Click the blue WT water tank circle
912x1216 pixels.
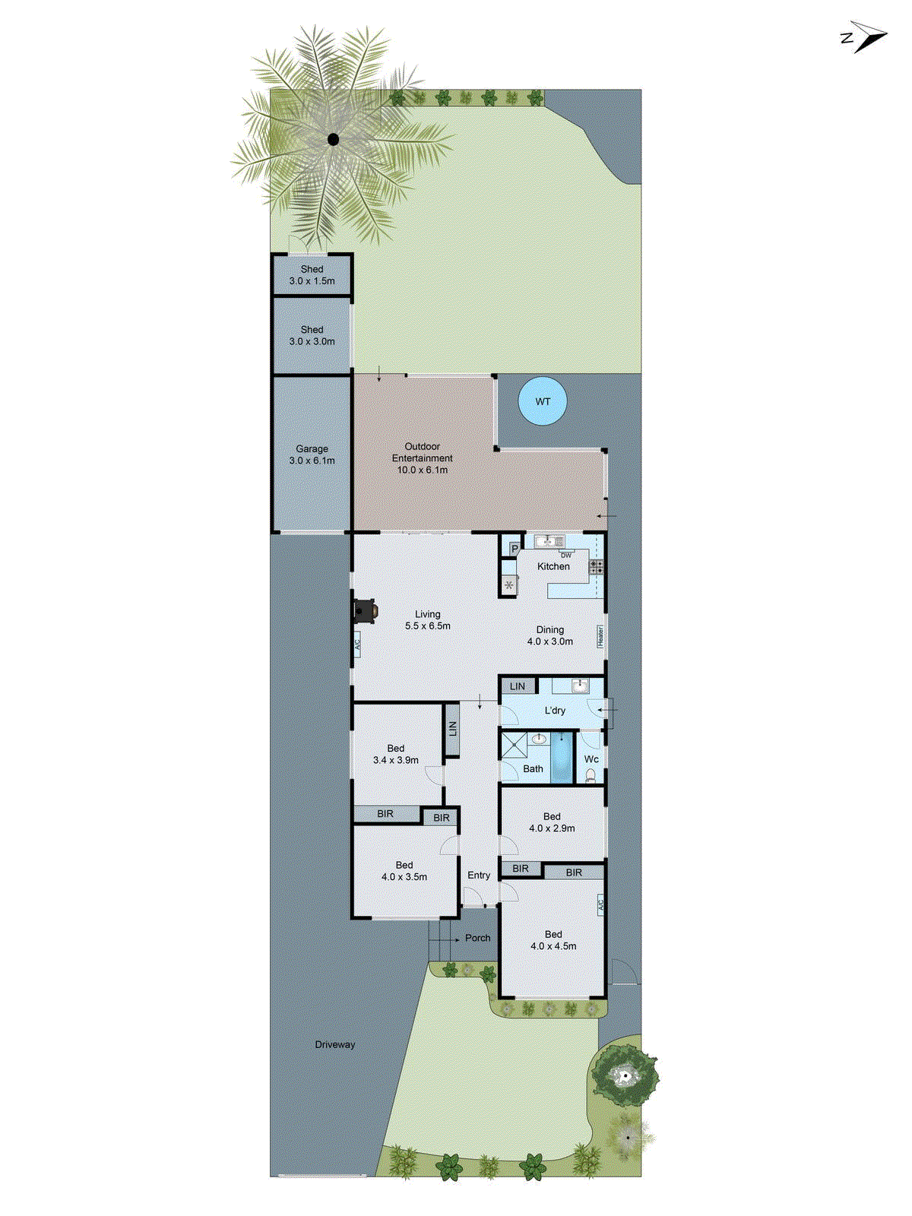pos(543,401)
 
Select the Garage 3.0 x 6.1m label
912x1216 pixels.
pos(312,454)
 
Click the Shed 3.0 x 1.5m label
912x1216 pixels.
pos(312,275)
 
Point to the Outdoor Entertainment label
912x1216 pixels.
pos(423,458)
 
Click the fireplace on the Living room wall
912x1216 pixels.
pos(366,611)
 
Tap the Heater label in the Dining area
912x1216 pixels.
pos(600,636)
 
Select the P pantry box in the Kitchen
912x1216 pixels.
pos(515,549)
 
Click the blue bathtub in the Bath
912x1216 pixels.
pos(562,757)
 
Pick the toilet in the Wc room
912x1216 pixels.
pos(591,776)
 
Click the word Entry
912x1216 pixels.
pos(479,876)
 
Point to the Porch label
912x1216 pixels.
pos(477,938)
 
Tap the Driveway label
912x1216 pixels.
pos(335,1044)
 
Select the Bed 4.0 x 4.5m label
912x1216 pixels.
pos(553,940)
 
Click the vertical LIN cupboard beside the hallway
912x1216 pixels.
pos(452,729)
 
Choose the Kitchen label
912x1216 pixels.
pos(553,566)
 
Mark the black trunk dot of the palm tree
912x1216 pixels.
pos(333,139)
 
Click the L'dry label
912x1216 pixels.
pos(555,711)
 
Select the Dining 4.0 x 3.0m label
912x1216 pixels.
pos(550,635)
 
